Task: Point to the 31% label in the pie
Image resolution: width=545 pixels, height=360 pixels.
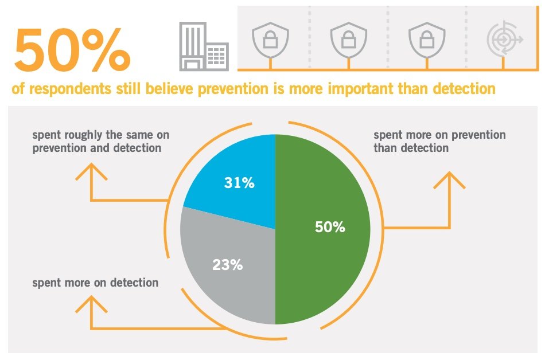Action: point(239,183)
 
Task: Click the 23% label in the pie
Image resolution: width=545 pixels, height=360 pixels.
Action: point(227,265)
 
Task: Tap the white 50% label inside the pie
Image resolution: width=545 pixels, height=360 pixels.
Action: point(330,227)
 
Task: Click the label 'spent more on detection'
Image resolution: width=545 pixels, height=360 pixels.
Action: point(95,283)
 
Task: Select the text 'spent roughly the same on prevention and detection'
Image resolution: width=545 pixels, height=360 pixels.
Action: point(100,142)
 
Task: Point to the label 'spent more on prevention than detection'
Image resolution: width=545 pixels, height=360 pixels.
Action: point(439,142)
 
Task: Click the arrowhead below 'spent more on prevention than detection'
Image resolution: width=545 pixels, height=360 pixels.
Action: point(449,179)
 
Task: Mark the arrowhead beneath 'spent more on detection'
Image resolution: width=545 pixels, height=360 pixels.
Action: point(91,304)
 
